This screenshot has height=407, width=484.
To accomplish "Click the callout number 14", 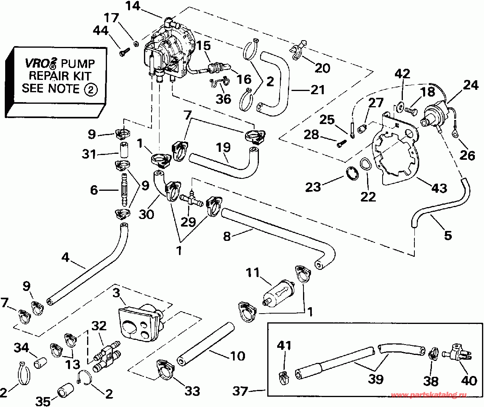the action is [133, 6].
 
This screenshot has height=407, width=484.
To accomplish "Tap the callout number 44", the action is [101, 30].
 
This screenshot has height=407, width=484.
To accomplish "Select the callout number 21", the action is [317, 90].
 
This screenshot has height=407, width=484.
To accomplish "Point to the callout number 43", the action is [439, 188].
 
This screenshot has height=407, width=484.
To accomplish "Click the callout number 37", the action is [240, 391].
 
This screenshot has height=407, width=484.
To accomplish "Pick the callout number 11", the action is [253, 272].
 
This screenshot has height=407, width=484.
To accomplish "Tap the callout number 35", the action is [43, 401].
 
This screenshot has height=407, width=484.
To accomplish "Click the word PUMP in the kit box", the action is [78, 64].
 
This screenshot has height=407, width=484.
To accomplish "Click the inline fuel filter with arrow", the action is [279, 293].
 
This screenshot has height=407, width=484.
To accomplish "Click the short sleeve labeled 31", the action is [124, 150].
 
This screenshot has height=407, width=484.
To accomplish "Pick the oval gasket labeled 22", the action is [366, 164].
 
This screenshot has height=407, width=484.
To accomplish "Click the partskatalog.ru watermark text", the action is [429, 395].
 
